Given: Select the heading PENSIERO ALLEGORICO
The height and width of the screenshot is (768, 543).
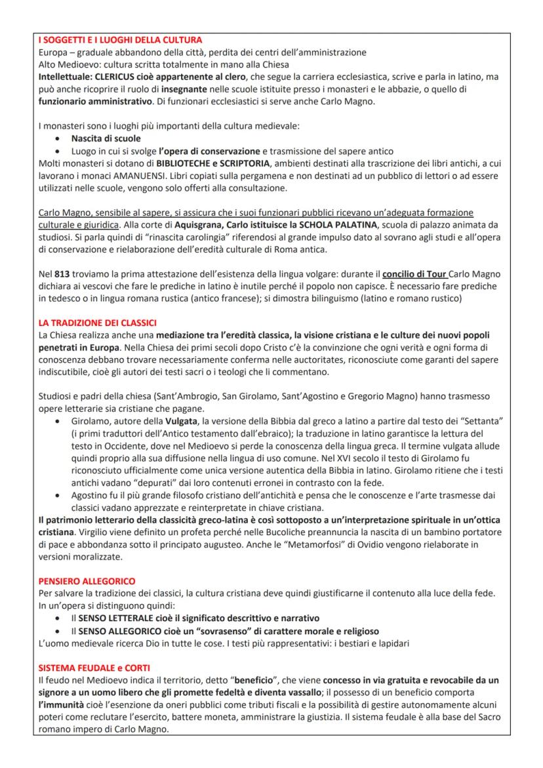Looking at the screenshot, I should click(x=87, y=581).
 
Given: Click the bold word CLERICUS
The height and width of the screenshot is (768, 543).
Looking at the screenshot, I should click(x=115, y=77).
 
